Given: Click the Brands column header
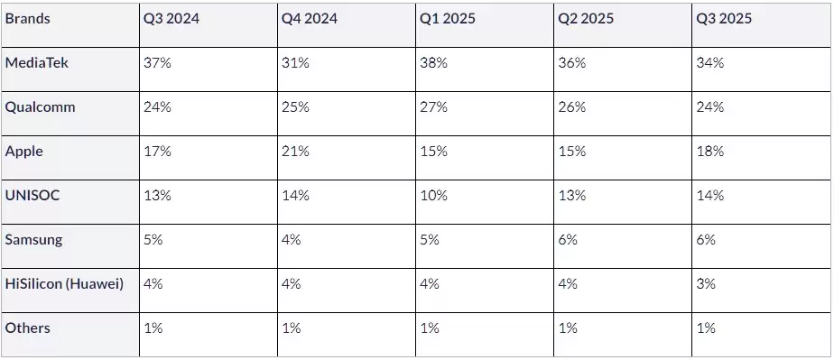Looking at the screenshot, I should tap(28, 19).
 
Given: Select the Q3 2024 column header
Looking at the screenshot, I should tap(171, 19).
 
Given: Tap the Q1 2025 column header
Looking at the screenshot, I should tap(448, 19).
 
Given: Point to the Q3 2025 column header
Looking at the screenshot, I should tap(724, 19).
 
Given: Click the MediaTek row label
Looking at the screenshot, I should tap(36, 63).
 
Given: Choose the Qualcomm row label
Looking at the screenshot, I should tap(40, 107).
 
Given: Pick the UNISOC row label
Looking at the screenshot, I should tap(32, 195).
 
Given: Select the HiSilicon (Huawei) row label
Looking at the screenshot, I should tap(64, 283).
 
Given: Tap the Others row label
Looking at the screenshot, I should tap(28, 328).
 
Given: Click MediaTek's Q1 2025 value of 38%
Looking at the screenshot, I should tap(433, 63).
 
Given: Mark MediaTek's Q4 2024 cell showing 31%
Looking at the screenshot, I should tap(294, 63).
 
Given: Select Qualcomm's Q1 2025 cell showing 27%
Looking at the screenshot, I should tap(433, 107).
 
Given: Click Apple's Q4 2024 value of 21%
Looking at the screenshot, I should tap(295, 152).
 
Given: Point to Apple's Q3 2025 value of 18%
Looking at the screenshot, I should tap(709, 152).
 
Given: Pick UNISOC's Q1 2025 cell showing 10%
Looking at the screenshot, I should tap(433, 195).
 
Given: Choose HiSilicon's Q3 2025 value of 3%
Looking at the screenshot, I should tap(706, 283).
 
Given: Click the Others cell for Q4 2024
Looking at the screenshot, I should tap(292, 328).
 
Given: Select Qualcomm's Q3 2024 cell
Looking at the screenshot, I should tap(157, 107).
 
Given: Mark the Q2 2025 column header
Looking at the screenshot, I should tap(586, 19).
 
